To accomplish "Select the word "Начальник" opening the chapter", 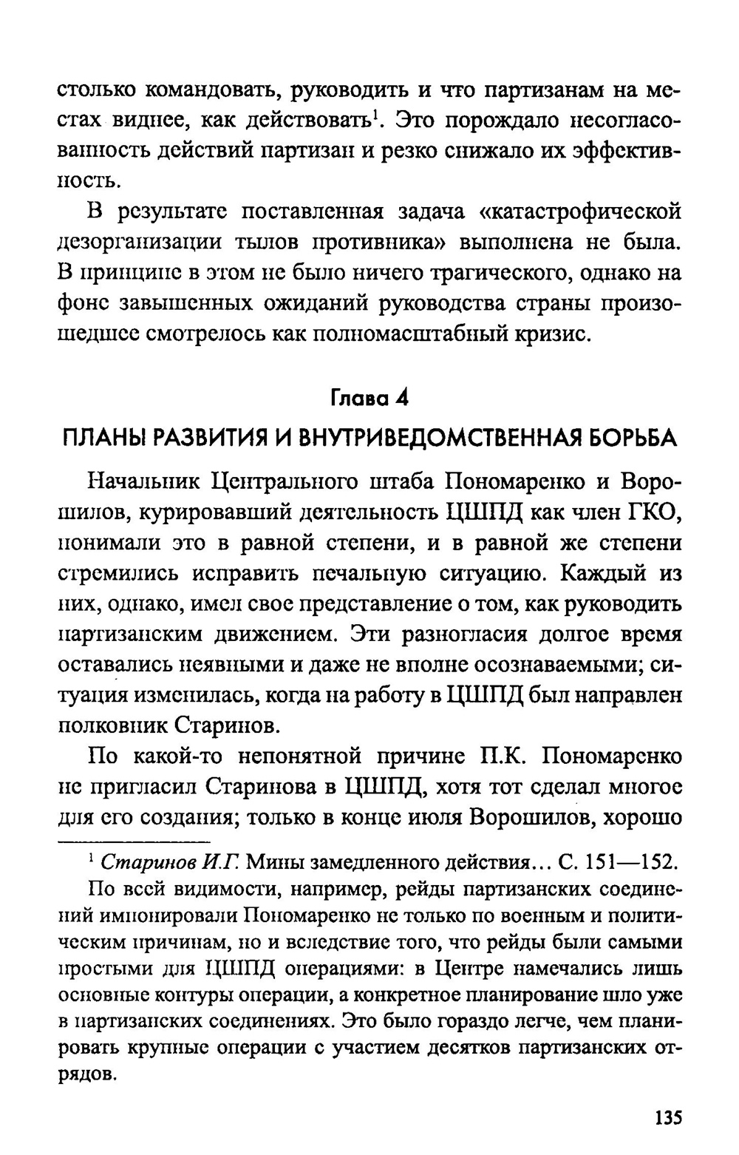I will click(x=143, y=481).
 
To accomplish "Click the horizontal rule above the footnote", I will click(x=134, y=842).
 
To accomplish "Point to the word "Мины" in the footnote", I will click(x=273, y=862).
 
